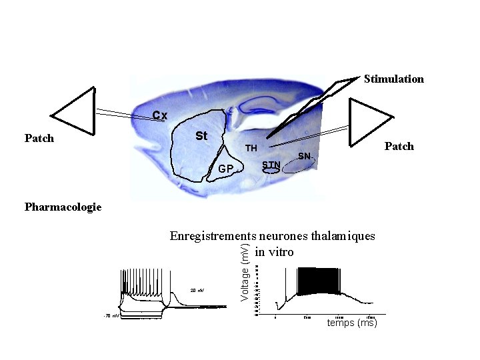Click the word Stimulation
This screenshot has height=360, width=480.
tap(393, 79)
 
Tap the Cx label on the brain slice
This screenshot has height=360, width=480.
tap(159, 115)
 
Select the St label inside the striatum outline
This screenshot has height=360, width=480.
tap(201, 136)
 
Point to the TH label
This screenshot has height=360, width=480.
tap(251, 147)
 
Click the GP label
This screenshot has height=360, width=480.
tap(226, 169)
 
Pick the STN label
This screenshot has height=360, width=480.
tap(271, 164)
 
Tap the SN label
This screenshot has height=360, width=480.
tap(304, 156)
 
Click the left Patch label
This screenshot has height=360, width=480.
tap(39, 139)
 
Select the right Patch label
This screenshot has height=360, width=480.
tap(399, 146)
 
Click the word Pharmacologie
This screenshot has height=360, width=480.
tap(63, 207)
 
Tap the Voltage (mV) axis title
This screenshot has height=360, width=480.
tap(245, 272)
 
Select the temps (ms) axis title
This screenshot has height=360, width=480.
tap(352, 323)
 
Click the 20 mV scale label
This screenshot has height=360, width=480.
tap(197, 291)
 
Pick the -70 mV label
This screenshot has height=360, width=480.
tap(111, 315)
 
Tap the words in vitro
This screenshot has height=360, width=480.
tap(273, 252)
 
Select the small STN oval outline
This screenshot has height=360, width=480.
tap(270, 171)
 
